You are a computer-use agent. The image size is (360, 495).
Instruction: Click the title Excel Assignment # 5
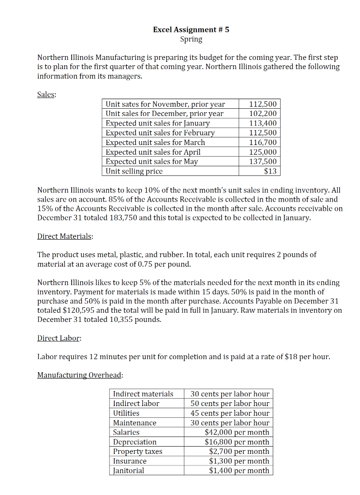point(191,29)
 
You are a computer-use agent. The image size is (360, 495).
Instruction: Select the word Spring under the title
point(191,39)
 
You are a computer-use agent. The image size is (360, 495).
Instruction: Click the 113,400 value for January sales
point(263,123)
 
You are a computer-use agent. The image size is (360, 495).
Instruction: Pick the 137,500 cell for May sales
point(263,161)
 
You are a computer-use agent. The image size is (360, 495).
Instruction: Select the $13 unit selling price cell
point(270,171)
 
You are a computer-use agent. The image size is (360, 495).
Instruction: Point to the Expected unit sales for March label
point(155,143)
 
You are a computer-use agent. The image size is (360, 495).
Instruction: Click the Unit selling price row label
point(134,171)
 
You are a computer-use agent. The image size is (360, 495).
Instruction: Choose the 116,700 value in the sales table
point(263,143)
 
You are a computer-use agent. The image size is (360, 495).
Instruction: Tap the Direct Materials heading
point(65,236)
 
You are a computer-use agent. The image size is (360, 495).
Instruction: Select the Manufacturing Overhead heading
point(80,375)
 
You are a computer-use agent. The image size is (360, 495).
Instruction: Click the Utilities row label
point(126,413)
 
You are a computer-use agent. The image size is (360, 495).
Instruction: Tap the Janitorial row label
point(128,470)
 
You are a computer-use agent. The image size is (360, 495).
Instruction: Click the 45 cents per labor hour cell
point(230,413)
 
